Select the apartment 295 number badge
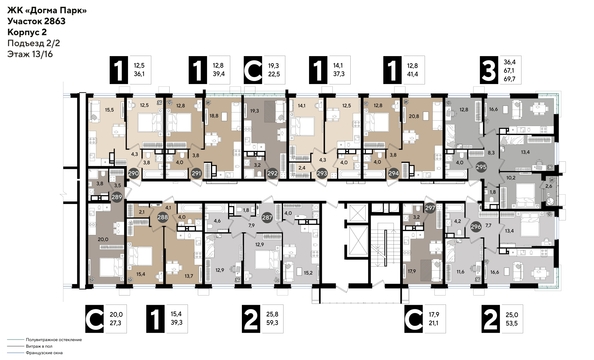pyautogui.click(x=452, y=167)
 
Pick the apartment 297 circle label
pyautogui.click(x=430, y=208)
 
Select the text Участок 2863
pyautogui.click(x=37, y=21)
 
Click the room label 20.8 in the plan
pyautogui.click(x=413, y=118)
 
